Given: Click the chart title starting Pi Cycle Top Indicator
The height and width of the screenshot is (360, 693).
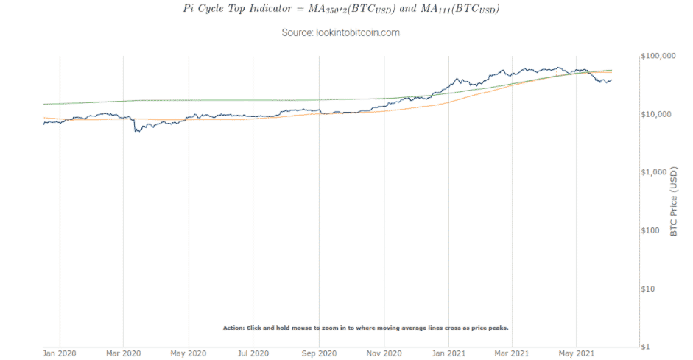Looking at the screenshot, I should pos(340,10).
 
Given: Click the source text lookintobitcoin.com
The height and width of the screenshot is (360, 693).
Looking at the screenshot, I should pos(340,33).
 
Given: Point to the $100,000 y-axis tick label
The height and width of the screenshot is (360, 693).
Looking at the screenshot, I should pos(660,57).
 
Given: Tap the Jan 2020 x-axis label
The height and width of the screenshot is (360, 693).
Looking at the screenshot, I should pos(60,353).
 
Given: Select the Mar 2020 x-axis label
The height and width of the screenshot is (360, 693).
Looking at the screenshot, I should pos(124,353).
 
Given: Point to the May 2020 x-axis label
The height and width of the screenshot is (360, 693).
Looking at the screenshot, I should pos(189,353).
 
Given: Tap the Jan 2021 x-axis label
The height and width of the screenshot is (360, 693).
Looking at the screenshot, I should pos(448,353).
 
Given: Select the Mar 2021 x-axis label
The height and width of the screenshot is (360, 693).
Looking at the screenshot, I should pos(511,353).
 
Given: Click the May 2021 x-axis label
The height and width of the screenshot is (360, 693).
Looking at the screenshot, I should pos(576,353).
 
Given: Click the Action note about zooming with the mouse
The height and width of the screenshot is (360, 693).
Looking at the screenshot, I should pos(365,328).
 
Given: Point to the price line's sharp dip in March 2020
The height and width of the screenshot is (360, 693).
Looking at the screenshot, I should pos(136,131).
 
